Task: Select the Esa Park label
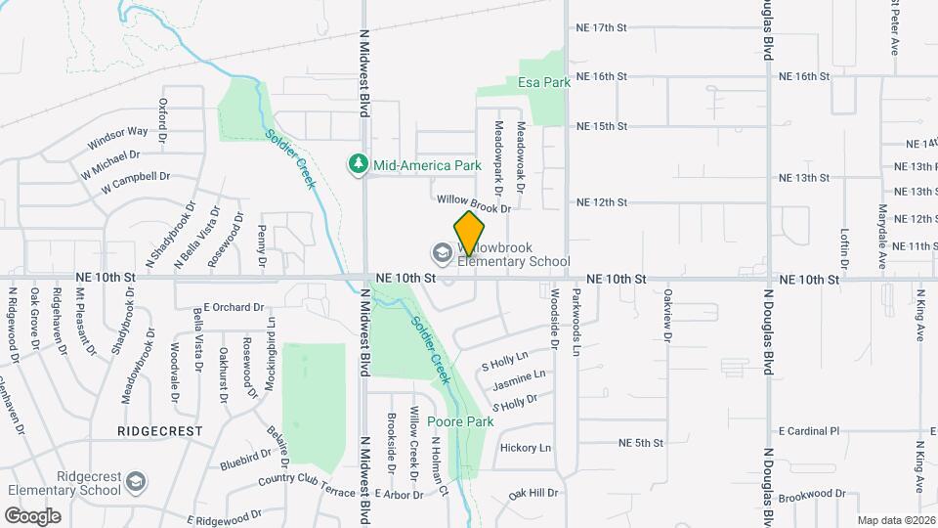[544, 83]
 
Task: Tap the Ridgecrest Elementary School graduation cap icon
[135, 481]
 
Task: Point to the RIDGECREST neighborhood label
[159, 430]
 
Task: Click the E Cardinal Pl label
[808, 431]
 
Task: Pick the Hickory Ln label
[525, 448]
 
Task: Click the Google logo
[32, 515]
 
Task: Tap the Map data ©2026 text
[895, 520]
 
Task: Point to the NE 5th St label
[641, 443]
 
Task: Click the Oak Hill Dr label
[533, 492]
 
